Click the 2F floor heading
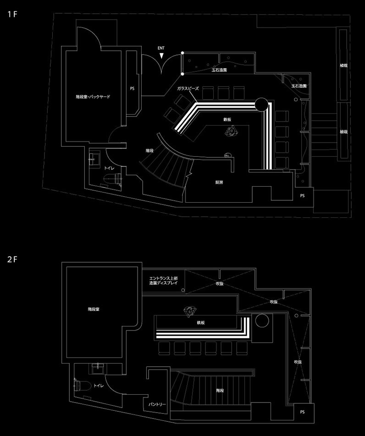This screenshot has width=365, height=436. tap(12, 259)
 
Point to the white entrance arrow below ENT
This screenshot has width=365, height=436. tap(161, 55)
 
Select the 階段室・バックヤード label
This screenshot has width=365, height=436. tap(93, 97)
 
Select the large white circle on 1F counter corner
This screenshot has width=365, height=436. tap(261, 105)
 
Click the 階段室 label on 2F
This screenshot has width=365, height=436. tap(94, 309)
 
